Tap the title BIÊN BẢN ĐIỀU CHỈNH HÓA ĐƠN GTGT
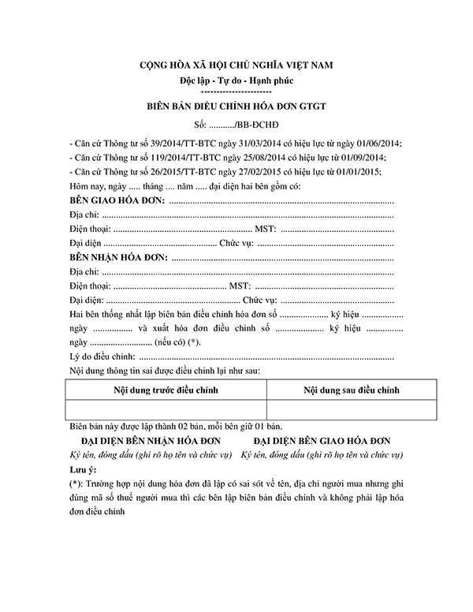pyautogui.click(x=236, y=106)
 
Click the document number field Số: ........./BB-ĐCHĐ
pyautogui.click(x=236, y=125)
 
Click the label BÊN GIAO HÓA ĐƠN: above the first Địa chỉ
pyautogui.click(x=117, y=201)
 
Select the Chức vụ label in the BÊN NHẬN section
pyautogui.click(x=259, y=300)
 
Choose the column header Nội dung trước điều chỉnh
pyautogui.click(x=166, y=390)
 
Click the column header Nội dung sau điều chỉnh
pyautogui.click(x=352, y=390)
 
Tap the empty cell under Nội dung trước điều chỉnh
pyautogui.click(x=166, y=409)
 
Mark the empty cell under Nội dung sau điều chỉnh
pyautogui.click(x=352, y=409)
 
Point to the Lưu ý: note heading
pyautogui.click(x=84, y=468)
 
